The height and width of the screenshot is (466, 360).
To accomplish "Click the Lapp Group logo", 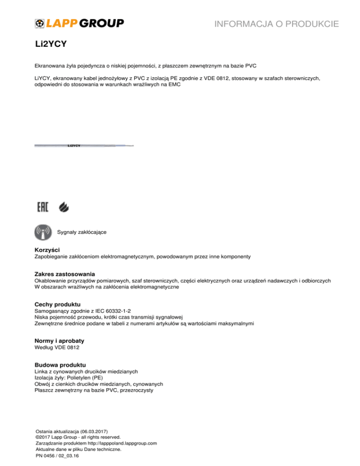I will coord(79,23).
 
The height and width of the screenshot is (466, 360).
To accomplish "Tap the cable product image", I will coord(84,146).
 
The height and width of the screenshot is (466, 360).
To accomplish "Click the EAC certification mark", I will coord(43,207).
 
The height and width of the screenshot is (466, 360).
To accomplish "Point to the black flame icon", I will coord(63,207).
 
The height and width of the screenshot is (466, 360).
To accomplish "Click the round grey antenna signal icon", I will coord(44,232).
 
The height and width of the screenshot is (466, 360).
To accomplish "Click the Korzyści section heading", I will coord(47,250).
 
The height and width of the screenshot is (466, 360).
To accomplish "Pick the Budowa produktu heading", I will coord(60,364).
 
